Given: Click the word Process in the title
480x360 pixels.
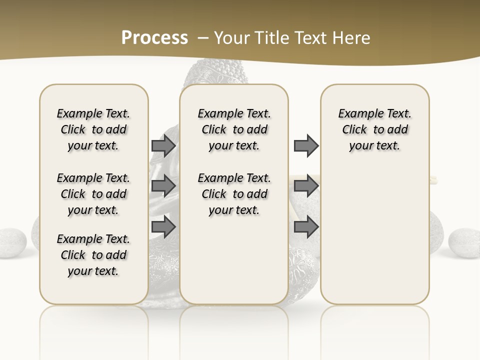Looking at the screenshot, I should coord(154,37).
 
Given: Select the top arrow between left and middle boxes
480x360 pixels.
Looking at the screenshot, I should coord(163,145).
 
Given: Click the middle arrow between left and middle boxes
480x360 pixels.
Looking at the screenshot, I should coord(163,185).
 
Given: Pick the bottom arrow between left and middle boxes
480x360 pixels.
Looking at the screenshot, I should coord(163,227).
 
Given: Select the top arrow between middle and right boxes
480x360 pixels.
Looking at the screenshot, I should coord(306,145).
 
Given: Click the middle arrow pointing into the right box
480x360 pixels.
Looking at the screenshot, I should coord(306,185).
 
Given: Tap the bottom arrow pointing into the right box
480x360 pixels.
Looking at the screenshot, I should coord(306,227).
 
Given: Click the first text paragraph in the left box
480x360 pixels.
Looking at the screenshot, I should coord(93,129).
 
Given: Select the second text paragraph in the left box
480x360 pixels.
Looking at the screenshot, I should coord(93,194).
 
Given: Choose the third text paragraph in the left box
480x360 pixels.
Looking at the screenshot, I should coord(93,255).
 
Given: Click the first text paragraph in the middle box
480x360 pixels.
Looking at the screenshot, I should coord(234,129).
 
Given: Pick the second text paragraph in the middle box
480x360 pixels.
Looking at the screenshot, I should coord(234,194).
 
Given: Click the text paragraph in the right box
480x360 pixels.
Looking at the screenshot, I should coord(374,129).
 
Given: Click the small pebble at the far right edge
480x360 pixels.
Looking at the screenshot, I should coord(464,243).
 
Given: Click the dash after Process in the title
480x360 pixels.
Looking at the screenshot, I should coord(203,37).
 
